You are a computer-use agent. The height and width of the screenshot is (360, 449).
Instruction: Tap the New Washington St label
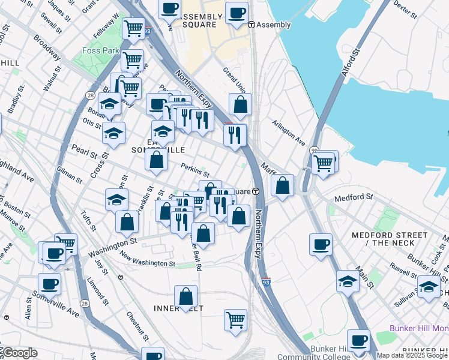point(147,259)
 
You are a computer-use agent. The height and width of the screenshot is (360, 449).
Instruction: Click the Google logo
point(20,352)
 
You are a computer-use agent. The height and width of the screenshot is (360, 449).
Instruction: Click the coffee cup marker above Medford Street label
point(321,244)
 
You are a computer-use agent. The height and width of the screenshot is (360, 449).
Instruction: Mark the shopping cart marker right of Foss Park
point(132,59)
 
